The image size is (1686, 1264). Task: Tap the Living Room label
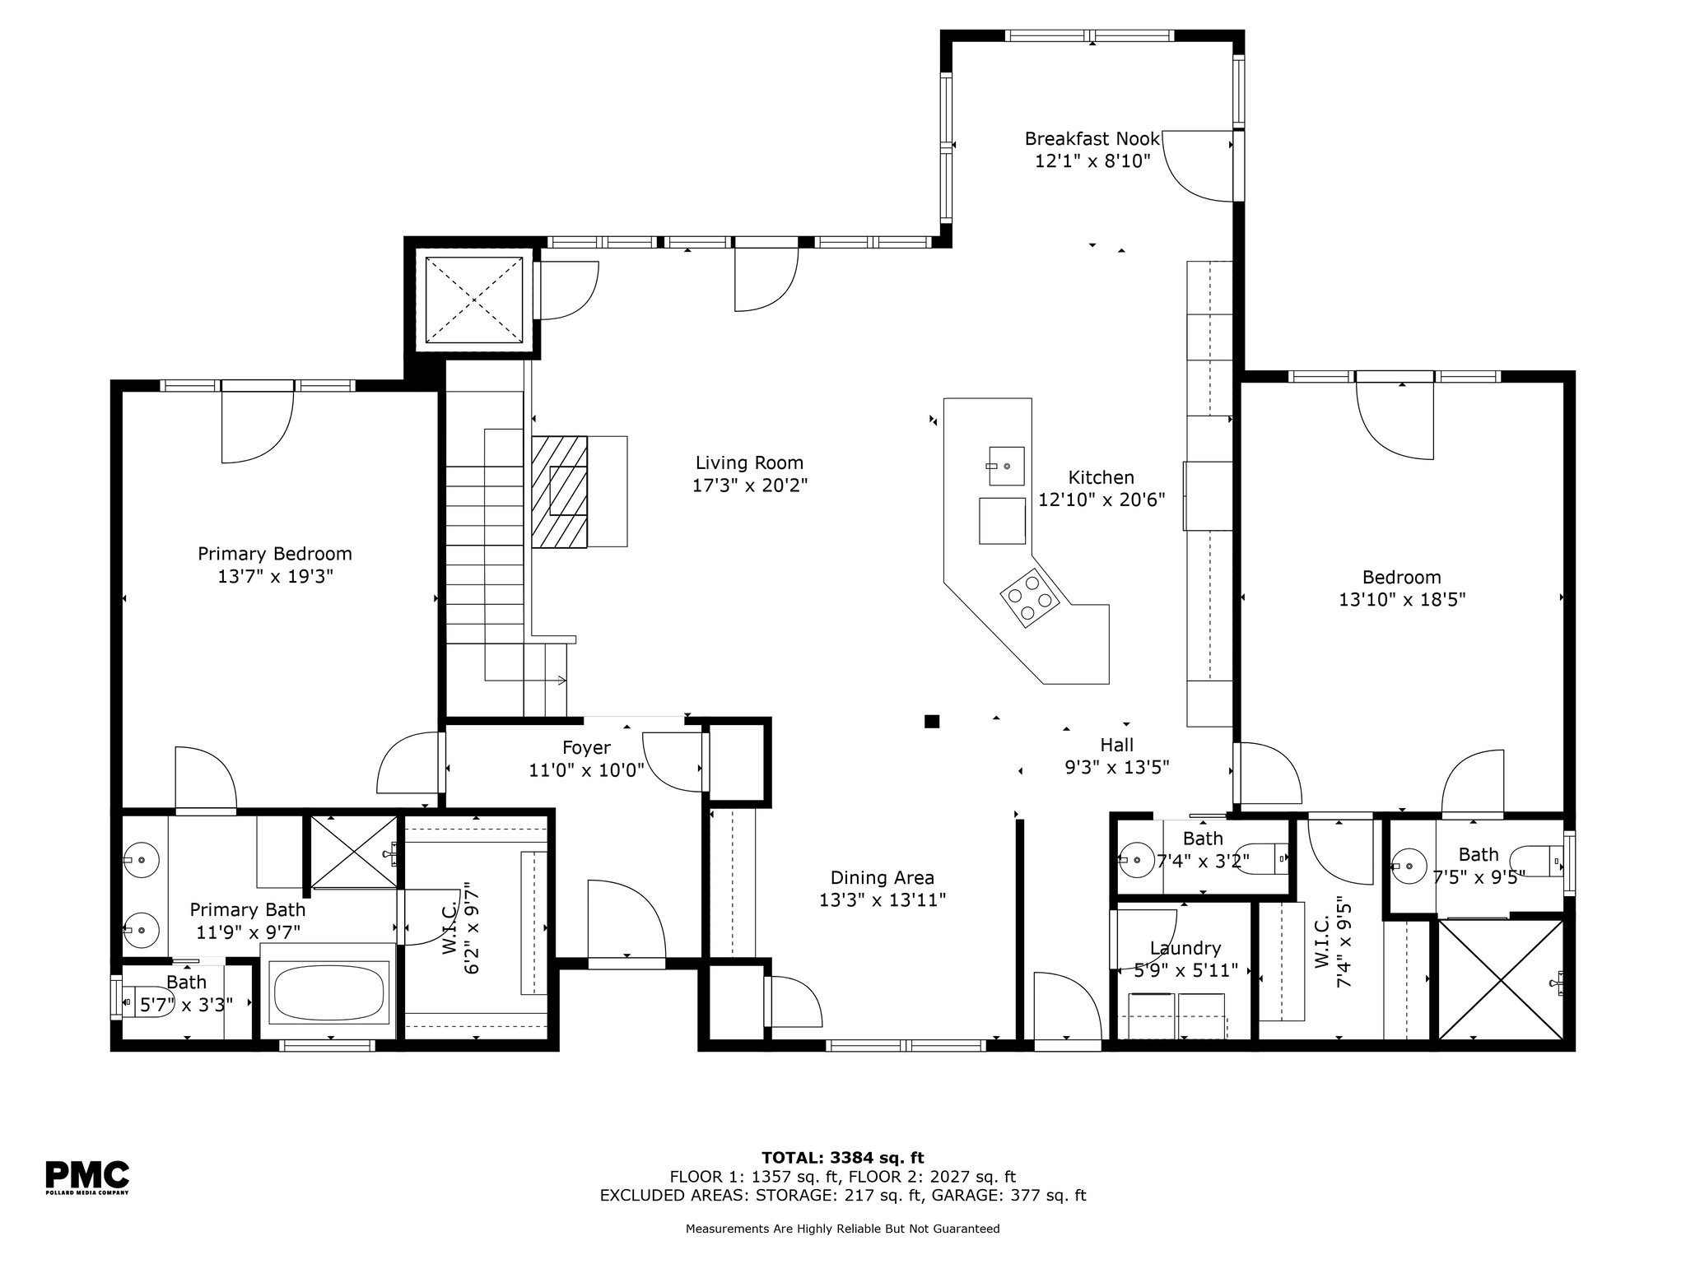click(x=749, y=462)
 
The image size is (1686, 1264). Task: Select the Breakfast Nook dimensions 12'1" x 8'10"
click(x=1092, y=160)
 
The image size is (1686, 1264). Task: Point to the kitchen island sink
click(x=1006, y=467)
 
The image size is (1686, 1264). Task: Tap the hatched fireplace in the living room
click(x=560, y=491)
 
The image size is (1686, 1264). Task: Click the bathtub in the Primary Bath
click(x=328, y=993)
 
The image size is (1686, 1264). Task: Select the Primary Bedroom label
click(x=275, y=554)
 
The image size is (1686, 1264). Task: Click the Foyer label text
click(x=586, y=747)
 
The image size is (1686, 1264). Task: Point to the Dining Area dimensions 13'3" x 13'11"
click(x=883, y=900)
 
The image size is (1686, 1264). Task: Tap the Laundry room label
click(x=1185, y=949)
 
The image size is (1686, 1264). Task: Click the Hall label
click(x=1117, y=745)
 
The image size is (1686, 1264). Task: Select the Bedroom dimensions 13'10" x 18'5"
click(x=1402, y=600)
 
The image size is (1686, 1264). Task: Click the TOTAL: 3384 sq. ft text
click(x=843, y=1159)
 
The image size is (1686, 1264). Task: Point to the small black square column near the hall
click(x=932, y=722)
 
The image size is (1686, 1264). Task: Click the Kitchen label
click(x=1101, y=477)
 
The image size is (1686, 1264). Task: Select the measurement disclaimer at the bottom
click(x=843, y=1229)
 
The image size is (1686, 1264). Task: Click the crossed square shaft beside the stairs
click(x=474, y=299)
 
